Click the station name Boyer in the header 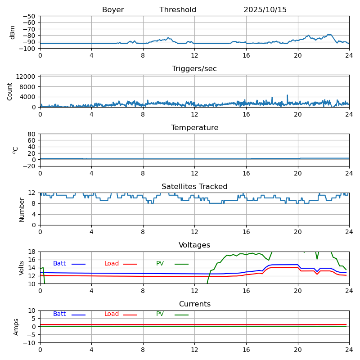tap(113, 10)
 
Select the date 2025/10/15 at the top tap(265, 10)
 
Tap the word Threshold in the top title tap(178, 10)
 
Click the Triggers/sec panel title tap(194, 69)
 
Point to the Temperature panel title tap(194, 128)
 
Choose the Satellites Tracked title tap(194, 187)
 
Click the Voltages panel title tap(194, 245)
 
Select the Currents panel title tap(194, 304)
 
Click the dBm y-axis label tap(13, 32)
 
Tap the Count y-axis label tap(10, 91)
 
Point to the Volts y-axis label tap(22, 268)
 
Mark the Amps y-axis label tap(16, 327)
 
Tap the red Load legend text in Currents tap(112, 314)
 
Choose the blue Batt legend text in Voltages tap(59, 264)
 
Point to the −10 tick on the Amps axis tap(29, 343)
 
